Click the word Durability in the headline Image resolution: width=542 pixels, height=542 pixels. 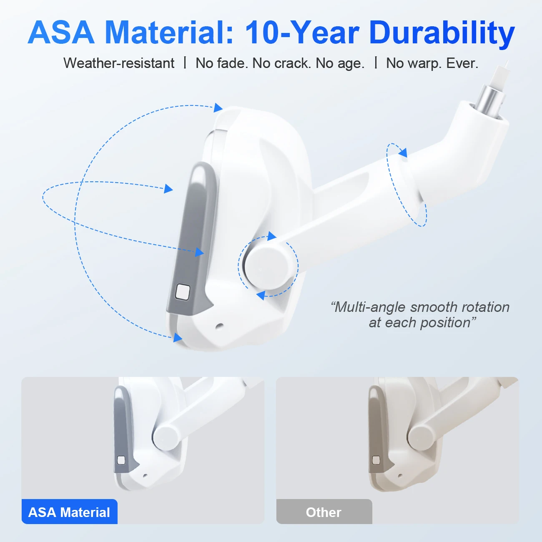[x=442, y=33]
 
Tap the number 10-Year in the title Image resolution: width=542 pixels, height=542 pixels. [x=302, y=33]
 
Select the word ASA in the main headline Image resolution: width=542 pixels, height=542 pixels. [x=61, y=33]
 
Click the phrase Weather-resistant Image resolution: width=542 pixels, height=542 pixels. [x=119, y=63]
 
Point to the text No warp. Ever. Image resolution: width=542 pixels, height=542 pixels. [x=432, y=63]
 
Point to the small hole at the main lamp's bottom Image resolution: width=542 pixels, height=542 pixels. [x=219, y=326]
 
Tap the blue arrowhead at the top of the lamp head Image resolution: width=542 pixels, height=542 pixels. [x=218, y=108]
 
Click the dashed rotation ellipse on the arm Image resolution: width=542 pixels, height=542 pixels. [x=406, y=185]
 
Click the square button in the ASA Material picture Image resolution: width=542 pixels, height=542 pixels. [x=121, y=460]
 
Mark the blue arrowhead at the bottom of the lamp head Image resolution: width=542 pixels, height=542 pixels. [x=177, y=337]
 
